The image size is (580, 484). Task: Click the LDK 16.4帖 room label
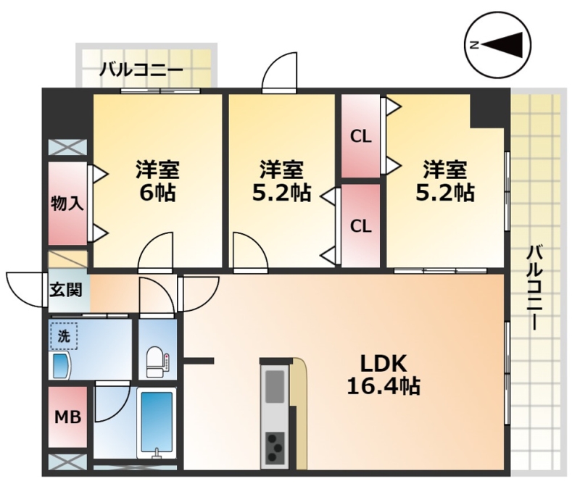pos(384,375)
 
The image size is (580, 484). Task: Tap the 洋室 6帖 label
pos(157,181)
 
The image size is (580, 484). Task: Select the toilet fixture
pos(157,362)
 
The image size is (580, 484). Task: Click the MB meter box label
pos(68,417)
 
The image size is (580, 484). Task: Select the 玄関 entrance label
pos(66,290)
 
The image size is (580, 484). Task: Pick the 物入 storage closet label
pos(67,204)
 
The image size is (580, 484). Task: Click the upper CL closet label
pos(360,137)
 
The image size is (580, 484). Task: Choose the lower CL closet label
pos(360,225)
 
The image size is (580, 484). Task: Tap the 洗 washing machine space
pos(64,336)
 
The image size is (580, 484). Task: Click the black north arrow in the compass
pos(502,45)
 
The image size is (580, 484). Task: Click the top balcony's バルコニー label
pos(141,70)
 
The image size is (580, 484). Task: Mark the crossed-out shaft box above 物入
pos(67,147)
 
